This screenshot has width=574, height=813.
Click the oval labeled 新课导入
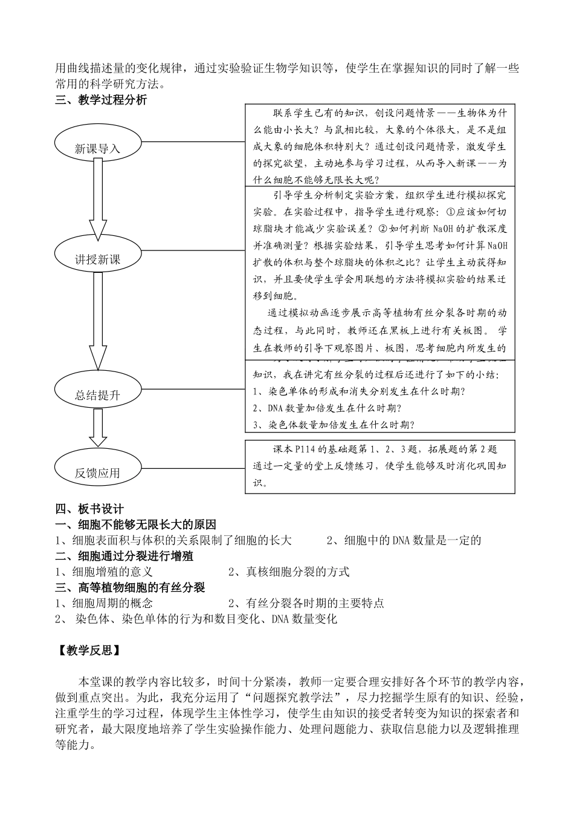pos(98,148)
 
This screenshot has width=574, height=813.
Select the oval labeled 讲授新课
pos(98,259)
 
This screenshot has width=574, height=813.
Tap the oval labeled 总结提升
pos(98,395)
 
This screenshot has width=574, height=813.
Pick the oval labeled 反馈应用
pos(98,472)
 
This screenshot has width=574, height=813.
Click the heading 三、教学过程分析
pos(101,100)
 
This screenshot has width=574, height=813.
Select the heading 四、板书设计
pos(89,509)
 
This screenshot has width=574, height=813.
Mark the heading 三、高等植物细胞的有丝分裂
pos(130,587)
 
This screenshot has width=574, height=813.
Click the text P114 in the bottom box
pos(303,449)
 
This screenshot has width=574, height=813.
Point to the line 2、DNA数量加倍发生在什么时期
pos(327,408)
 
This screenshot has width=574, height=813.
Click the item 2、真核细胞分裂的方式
pos(289,572)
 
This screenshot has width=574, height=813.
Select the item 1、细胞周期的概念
pos(103,603)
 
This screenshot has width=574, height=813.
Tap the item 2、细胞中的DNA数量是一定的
pos(404,540)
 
